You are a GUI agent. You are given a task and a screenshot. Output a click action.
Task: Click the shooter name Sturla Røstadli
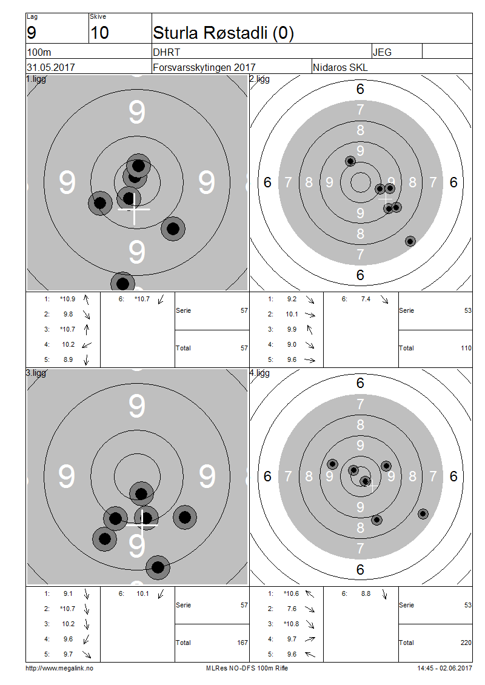(223, 33)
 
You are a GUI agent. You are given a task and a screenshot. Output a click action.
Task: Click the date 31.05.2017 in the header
(51, 67)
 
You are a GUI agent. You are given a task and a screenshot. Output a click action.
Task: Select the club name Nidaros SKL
(340, 67)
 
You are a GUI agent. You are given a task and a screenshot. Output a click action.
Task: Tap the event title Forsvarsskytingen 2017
(204, 67)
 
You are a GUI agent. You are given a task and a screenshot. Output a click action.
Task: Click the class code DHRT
(167, 52)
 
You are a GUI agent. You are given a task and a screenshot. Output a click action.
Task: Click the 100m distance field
(39, 52)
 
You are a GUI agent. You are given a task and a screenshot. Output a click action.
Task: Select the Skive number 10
(99, 33)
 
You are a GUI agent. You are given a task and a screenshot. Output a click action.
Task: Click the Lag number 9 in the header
(32, 33)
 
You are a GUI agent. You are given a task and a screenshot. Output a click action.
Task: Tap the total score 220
(464, 643)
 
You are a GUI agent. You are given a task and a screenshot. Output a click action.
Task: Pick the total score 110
(464, 348)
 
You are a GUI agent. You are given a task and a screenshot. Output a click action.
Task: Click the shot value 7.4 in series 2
(366, 299)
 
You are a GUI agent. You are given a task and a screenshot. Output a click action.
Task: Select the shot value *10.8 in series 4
(291, 624)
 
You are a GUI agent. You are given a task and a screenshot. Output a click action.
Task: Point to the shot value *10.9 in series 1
(67, 299)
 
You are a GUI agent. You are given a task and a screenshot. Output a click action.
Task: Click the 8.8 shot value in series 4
(366, 593)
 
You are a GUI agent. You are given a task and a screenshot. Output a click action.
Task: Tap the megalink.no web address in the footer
(59, 668)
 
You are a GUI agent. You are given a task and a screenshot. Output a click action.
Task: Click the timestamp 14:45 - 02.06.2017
(444, 668)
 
